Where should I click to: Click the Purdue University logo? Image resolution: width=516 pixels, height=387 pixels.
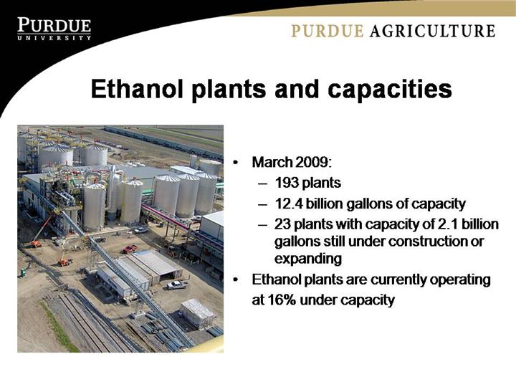click(54, 29)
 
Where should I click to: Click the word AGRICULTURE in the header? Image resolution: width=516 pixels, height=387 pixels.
click(432, 31)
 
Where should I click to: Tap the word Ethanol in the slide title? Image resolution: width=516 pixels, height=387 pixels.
click(137, 89)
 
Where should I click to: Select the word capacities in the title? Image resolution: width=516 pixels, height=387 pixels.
click(390, 90)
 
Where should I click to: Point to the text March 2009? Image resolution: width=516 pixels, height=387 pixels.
click(292, 162)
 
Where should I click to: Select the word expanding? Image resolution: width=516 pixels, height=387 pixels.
click(308, 259)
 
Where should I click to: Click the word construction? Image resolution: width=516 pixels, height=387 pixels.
click(429, 242)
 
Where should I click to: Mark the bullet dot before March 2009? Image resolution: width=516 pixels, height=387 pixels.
click(235, 163)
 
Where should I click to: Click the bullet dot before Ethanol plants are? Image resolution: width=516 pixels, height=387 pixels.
click(235, 279)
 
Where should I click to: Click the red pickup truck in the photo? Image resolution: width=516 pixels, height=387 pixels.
click(130, 249)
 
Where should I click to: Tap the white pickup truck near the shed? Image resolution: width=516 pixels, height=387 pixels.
click(177, 285)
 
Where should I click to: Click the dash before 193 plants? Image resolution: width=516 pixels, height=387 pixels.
click(262, 183)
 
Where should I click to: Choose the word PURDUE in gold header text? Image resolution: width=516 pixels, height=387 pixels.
click(328, 31)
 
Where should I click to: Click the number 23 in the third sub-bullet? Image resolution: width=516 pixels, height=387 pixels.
click(282, 224)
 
